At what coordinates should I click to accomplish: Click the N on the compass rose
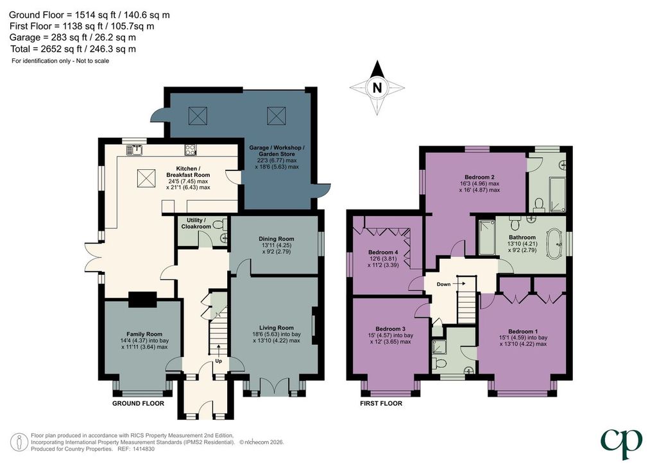tap(377, 88)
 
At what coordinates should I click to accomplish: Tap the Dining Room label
tap(276, 239)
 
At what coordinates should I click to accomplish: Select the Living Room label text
tap(276, 328)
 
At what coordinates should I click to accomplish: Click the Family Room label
tap(144, 335)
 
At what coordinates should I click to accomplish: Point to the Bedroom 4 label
tap(383, 253)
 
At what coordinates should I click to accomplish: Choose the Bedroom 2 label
tap(479, 177)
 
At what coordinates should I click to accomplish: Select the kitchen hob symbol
tap(191, 150)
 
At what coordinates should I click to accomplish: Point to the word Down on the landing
tap(443, 284)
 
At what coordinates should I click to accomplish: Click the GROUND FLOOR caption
tap(139, 403)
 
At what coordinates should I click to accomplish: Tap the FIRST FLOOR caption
tap(381, 403)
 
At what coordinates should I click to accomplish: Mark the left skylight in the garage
tap(198, 116)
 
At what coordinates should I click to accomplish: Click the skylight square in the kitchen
tap(147, 180)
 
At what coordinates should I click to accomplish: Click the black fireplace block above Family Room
tap(142, 299)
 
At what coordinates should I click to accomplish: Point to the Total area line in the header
tap(73, 49)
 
